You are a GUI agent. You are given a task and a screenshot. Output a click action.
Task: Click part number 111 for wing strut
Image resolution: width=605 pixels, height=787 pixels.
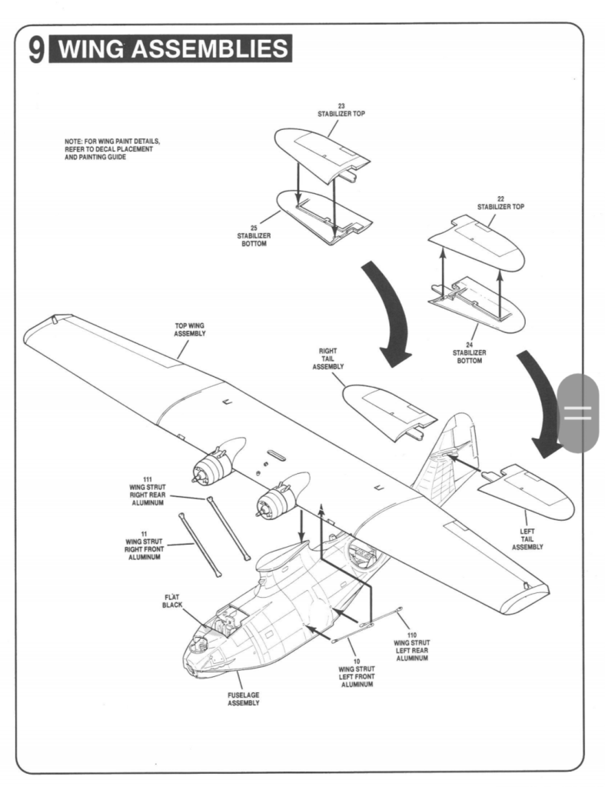pyautogui.click(x=148, y=479)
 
